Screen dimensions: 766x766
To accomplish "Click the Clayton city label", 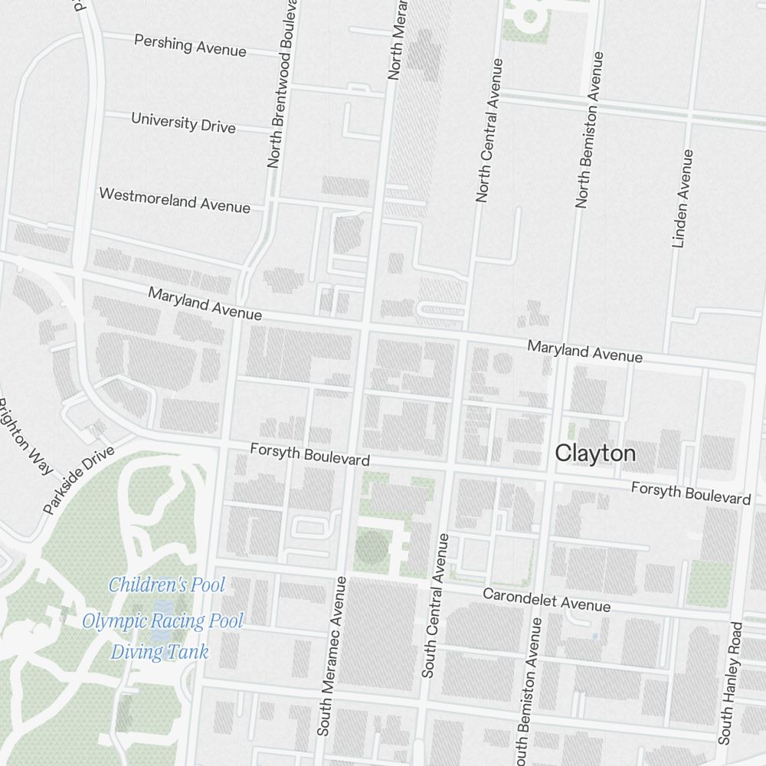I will [x=595, y=453].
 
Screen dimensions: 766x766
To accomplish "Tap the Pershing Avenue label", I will [x=190, y=44].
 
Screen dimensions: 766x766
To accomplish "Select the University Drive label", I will [x=183, y=123].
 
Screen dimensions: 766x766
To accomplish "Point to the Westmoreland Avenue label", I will [x=175, y=200].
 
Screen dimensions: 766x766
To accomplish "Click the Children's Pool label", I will [x=167, y=585].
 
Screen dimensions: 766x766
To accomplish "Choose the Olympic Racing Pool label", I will [x=162, y=620].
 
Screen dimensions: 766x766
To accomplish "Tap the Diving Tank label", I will [x=159, y=653].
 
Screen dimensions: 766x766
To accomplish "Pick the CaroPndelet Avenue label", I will [x=547, y=600].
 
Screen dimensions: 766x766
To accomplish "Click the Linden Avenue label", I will [x=682, y=198].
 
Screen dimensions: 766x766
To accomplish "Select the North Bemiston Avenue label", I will [x=588, y=130].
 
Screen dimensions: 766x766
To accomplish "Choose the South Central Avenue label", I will [x=434, y=605].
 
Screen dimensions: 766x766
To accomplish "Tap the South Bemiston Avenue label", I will [x=528, y=689].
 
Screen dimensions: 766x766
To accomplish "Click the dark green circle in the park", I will [x=372, y=547].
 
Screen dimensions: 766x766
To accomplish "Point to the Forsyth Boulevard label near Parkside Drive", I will [x=309, y=454].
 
